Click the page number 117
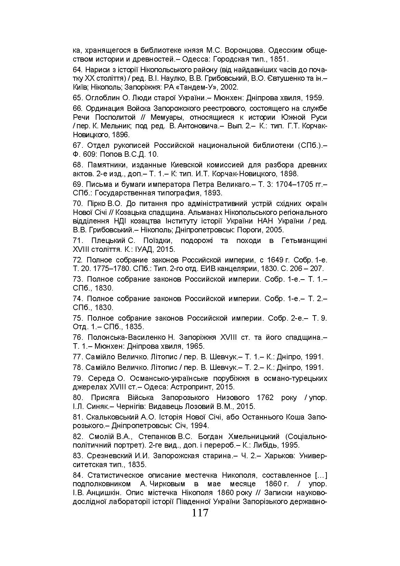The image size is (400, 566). pyautogui.click(x=200, y=513)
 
